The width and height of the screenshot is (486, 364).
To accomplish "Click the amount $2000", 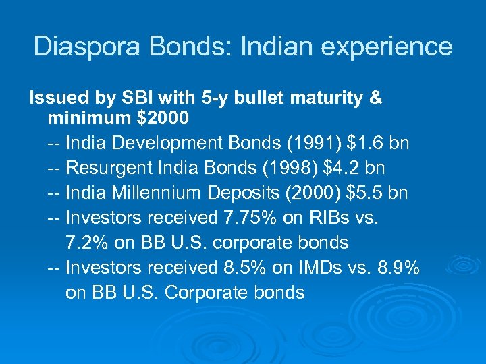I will pos(163,119).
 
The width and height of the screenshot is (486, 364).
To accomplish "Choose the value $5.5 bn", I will pos(377,193).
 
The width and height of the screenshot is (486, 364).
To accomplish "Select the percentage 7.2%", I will pos(86,243).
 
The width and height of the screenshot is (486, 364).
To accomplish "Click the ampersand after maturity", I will pos(376,98).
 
